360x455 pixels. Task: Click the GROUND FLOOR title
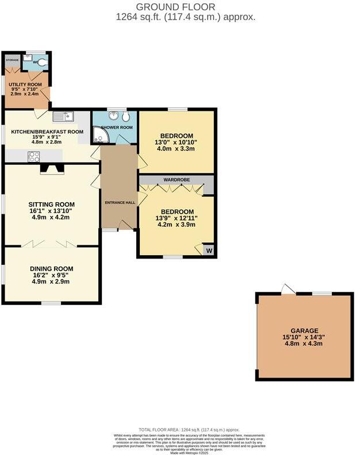(175, 7)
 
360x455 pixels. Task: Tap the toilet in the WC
(42, 60)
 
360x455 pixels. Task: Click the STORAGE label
(12, 60)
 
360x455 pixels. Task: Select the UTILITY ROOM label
(25, 84)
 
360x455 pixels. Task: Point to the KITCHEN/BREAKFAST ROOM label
(47, 132)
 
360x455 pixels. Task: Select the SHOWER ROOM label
(117, 127)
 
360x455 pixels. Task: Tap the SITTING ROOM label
(52, 204)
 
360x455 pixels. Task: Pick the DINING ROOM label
(52, 268)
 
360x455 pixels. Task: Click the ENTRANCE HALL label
(119, 203)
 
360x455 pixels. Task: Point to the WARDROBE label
(177, 180)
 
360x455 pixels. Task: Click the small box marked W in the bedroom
(208, 250)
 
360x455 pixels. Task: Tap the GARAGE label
(304, 331)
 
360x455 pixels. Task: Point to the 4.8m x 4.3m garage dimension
(304, 344)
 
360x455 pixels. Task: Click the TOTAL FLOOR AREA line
(189, 430)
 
